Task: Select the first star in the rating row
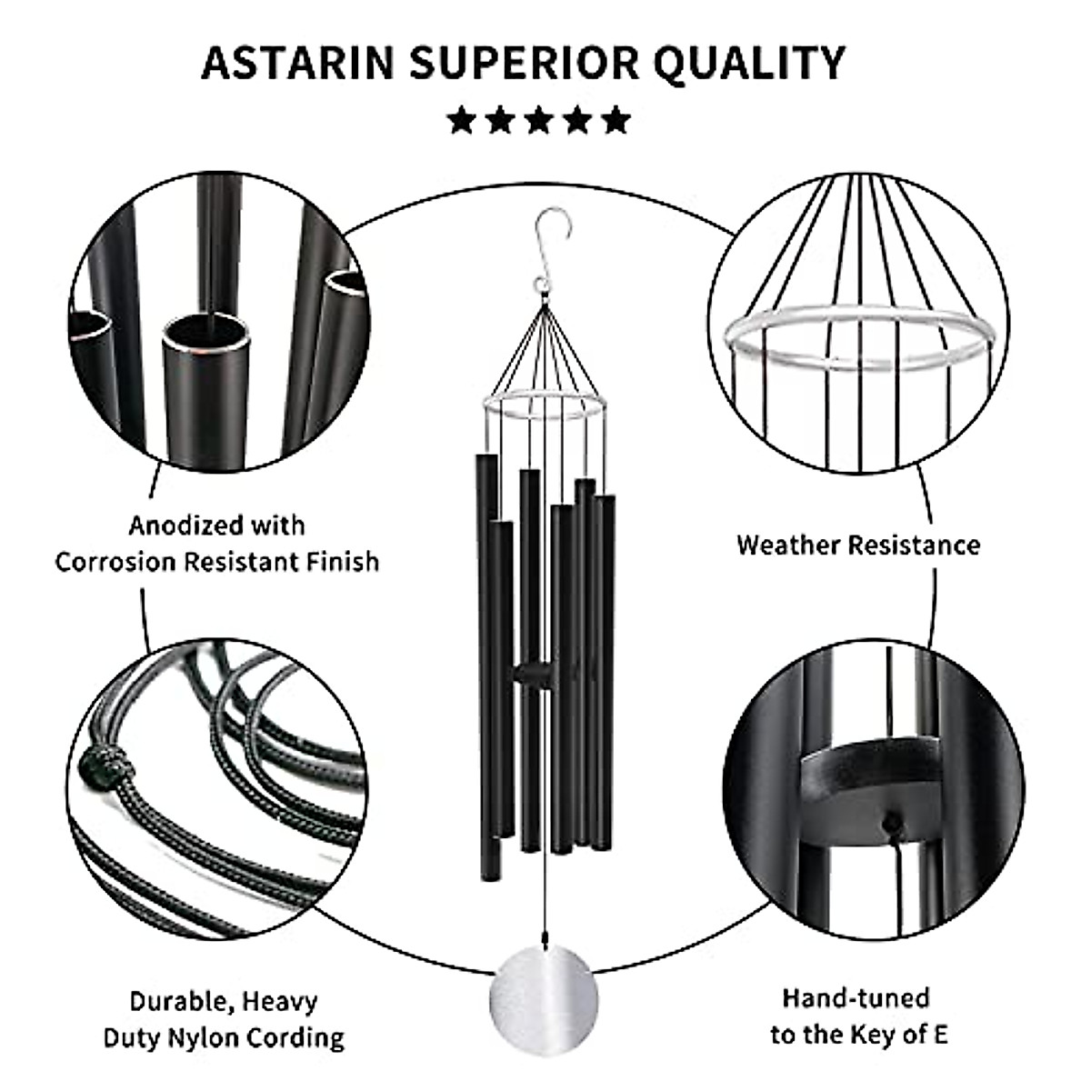pyautogui.click(x=462, y=120)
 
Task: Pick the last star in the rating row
pyautogui.click(x=616, y=120)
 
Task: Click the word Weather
pyautogui.click(x=787, y=545)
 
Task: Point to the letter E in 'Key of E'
pyautogui.click(x=940, y=1035)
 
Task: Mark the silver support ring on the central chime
pyautogui.click(x=542, y=405)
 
